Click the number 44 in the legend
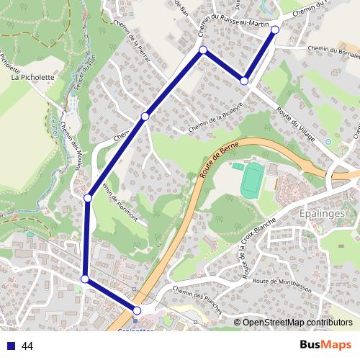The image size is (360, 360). (x=27, y=346)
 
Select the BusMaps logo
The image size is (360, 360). (x=325, y=345)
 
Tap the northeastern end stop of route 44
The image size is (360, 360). (x=275, y=30)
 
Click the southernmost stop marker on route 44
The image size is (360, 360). (x=137, y=310)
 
